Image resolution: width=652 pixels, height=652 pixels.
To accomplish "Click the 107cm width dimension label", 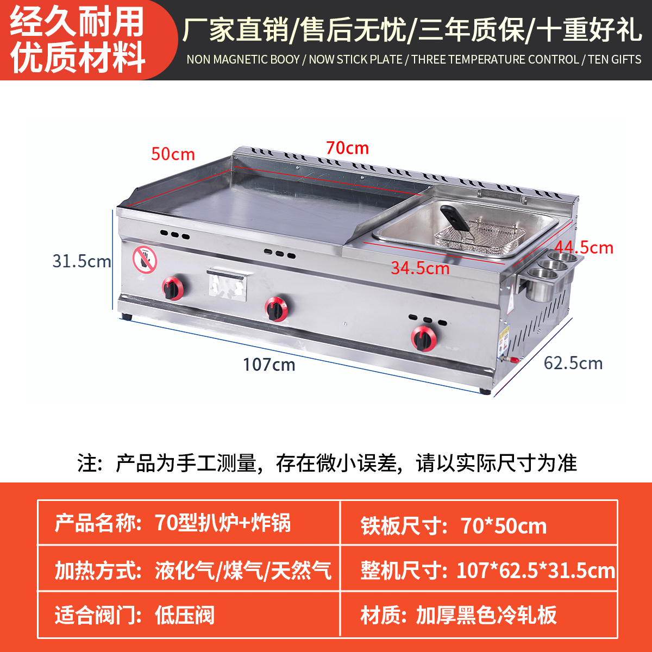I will pyautogui.click(x=269, y=364).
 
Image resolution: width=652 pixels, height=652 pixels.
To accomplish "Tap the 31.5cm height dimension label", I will pyautogui.click(x=81, y=261).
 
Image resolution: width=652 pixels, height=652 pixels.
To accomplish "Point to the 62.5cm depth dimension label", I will pyautogui.click(x=573, y=363).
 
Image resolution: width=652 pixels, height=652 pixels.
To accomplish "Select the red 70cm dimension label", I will pyautogui.click(x=347, y=148).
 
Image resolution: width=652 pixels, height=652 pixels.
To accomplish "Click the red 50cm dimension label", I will pyautogui.click(x=173, y=154).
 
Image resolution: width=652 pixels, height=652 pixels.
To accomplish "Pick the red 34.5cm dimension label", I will pyautogui.click(x=420, y=268).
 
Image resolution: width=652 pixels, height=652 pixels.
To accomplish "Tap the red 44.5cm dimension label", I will pyautogui.click(x=584, y=248).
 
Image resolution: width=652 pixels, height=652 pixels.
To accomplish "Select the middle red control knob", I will pyautogui.click(x=277, y=309).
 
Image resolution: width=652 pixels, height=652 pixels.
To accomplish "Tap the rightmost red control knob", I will pyautogui.click(x=423, y=338).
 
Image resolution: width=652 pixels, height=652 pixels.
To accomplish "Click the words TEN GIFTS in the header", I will pyautogui.click(x=615, y=59).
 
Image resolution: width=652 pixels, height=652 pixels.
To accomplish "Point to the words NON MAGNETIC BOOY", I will pyautogui.click(x=243, y=59).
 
